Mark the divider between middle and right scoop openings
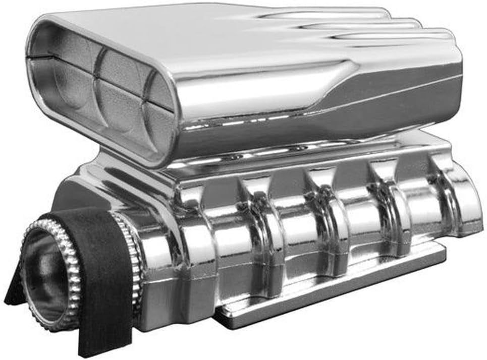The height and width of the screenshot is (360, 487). click(x=146, y=101)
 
